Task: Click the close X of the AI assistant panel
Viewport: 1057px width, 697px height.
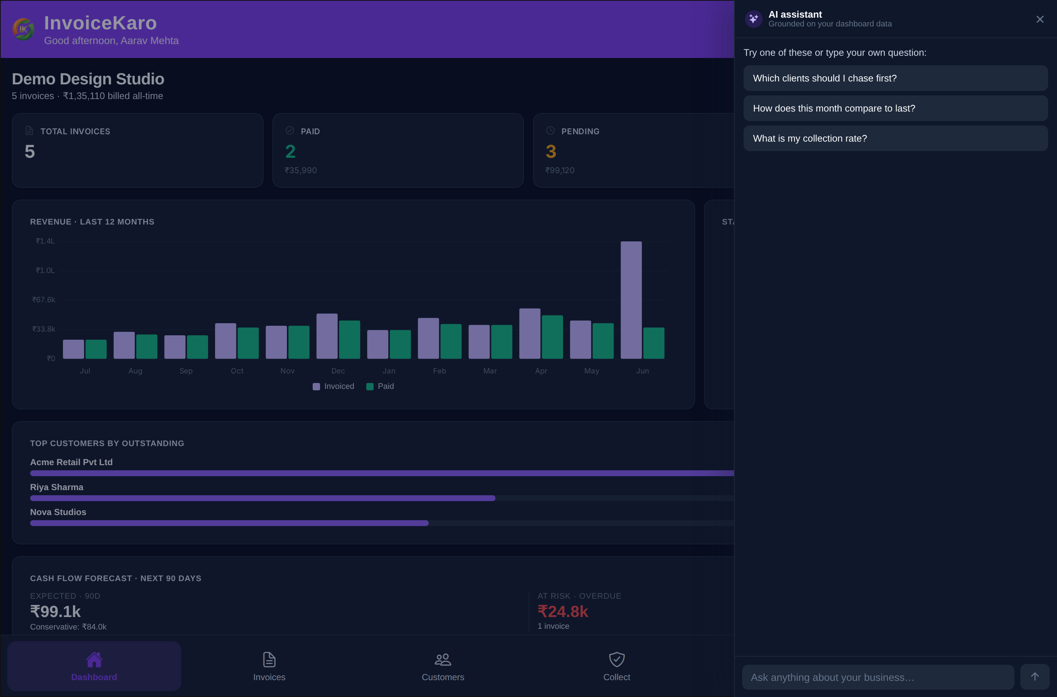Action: [x=1040, y=19]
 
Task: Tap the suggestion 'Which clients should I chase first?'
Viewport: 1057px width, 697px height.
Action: [x=895, y=78]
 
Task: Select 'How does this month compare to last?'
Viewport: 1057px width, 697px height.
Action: [x=895, y=109]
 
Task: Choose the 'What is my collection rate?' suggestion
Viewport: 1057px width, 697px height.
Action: [x=895, y=138]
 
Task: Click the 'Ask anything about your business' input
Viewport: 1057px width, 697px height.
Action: [x=878, y=677]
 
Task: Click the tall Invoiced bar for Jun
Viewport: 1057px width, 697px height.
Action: [x=631, y=300]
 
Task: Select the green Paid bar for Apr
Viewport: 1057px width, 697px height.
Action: [x=552, y=337]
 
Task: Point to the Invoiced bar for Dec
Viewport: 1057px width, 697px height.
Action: [x=327, y=336]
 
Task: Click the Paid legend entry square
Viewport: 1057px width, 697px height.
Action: [x=370, y=387]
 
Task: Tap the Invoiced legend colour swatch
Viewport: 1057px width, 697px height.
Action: [x=316, y=387]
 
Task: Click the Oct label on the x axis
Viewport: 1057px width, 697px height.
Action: [x=237, y=371]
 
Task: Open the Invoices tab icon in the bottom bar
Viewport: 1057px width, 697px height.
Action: [x=269, y=660]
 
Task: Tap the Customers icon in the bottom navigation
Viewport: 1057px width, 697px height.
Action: [x=443, y=660]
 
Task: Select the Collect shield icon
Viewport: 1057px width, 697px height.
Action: [x=617, y=660]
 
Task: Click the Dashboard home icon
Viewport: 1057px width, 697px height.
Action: [x=94, y=660]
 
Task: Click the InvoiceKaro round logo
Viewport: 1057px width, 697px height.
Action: [x=23, y=29]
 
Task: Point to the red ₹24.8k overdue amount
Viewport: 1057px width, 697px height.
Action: [x=563, y=612]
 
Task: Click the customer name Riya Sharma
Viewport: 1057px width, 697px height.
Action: [x=57, y=487]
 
